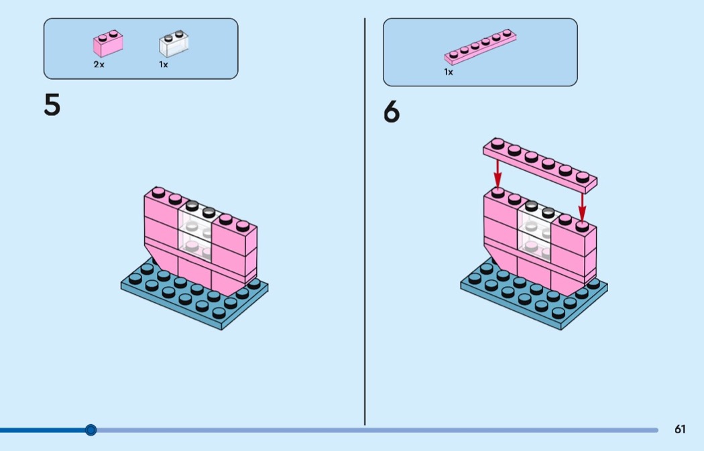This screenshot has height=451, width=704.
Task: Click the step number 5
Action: (x=52, y=105)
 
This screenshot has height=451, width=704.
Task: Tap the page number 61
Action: (x=680, y=430)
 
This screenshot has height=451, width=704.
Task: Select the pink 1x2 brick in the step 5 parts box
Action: (x=108, y=44)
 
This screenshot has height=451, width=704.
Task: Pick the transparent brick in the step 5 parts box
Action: (x=173, y=44)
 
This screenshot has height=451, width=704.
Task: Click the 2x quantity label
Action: (x=99, y=64)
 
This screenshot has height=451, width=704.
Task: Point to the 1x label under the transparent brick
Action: (x=164, y=64)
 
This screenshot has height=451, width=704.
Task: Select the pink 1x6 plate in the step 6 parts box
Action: (x=481, y=47)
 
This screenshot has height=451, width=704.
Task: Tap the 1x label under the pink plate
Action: (x=449, y=72)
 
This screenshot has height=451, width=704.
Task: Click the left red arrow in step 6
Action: (x=497, y=174)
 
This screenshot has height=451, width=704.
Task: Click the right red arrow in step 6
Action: (x=583, y=207)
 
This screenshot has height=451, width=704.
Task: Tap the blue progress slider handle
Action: (x=91, y=430)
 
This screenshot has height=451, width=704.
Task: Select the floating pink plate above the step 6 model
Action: (x=540, y=165)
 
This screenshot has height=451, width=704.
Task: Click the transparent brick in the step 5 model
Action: (x=196, y=232)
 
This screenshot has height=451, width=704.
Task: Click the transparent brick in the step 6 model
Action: (x=535, y=232)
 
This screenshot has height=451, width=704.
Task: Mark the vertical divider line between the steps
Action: (x=365, y=222)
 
